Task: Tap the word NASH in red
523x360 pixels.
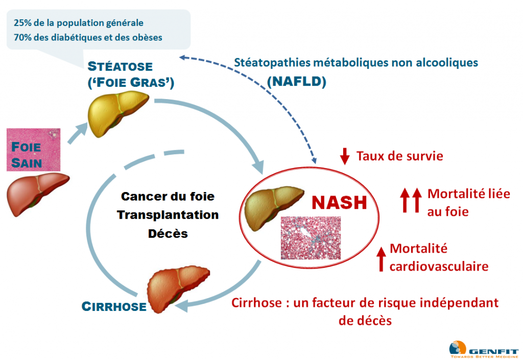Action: point(339,202)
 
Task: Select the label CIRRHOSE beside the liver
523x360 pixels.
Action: point(114,306)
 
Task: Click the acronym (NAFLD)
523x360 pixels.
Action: point(296,82)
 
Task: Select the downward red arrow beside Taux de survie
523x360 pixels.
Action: point(345,156)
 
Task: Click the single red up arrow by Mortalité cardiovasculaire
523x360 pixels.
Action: point(381,258)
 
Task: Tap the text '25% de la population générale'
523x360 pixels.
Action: point(79,23)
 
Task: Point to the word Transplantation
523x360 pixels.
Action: point(168,214)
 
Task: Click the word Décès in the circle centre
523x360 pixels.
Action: point(168,233)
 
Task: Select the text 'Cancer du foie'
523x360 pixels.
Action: point(168,196)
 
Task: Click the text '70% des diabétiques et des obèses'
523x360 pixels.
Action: point(88,37)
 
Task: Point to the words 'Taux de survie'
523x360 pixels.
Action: point(399,156)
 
